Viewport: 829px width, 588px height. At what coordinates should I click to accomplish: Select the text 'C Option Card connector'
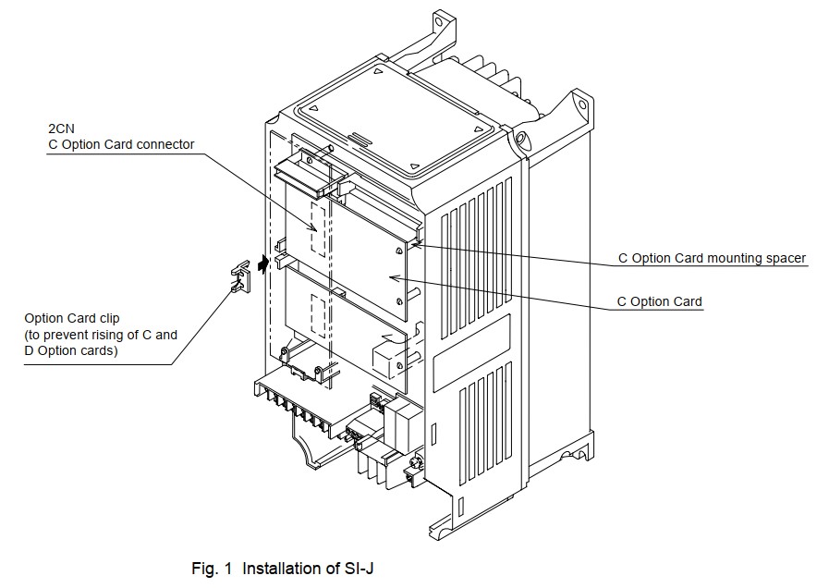point(121,144)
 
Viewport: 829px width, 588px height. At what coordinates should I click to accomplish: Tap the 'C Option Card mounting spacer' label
point(712,258)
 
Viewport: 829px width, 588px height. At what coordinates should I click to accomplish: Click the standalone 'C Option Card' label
point(659,301)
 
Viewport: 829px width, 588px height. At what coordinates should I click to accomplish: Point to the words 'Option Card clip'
point(72,318)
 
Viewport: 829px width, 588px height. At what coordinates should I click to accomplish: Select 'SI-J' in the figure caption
point(357,569)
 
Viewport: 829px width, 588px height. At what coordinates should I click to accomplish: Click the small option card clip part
point(242,276)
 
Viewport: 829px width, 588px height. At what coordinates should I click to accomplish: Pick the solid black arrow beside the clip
point(264,264)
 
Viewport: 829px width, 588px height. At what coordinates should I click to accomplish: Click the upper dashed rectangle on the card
point(319,228)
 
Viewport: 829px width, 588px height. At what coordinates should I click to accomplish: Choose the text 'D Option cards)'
point(71,350)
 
